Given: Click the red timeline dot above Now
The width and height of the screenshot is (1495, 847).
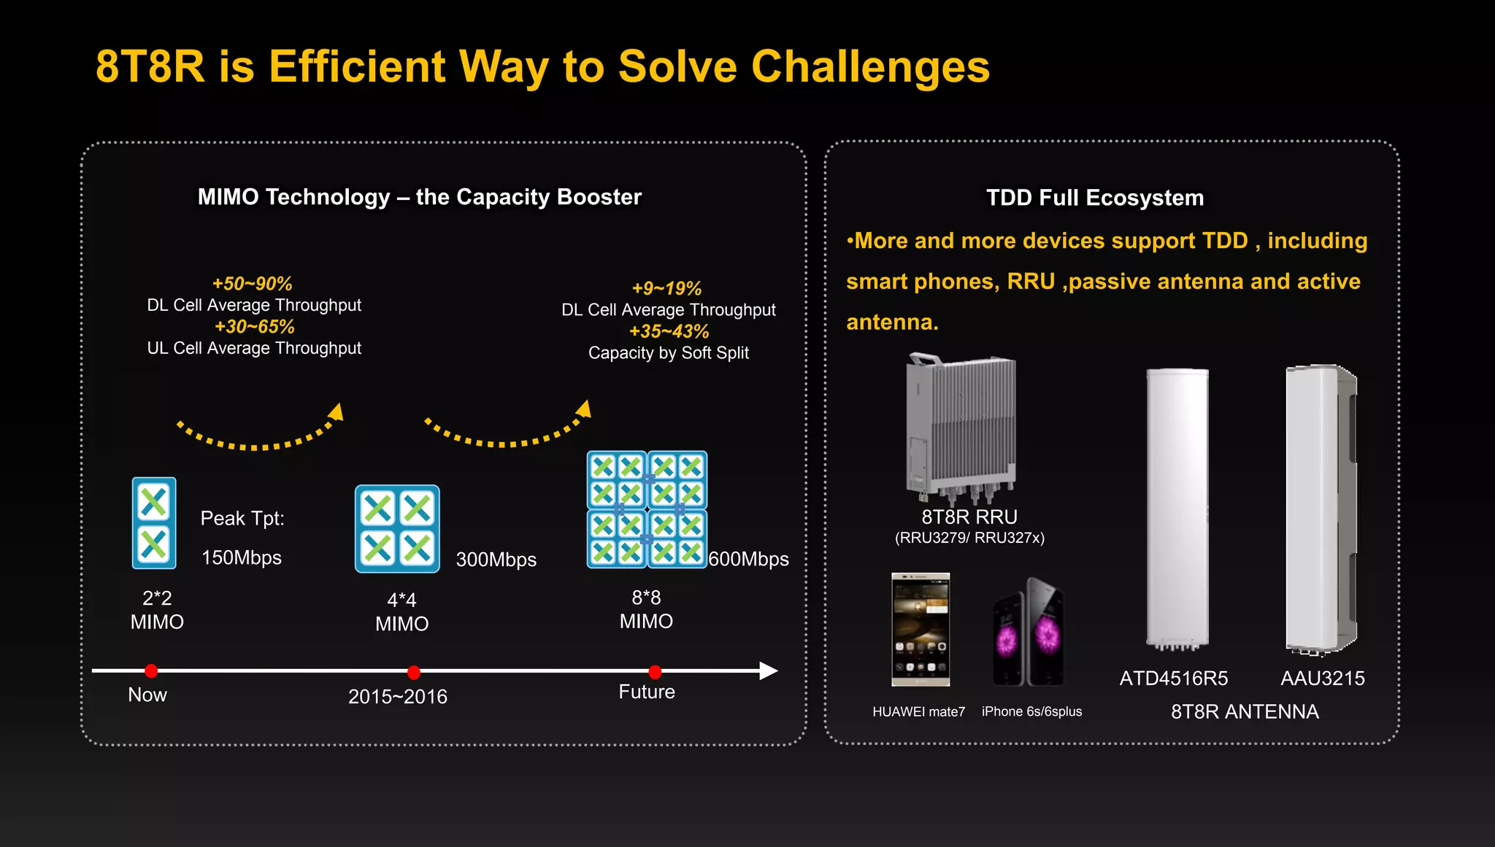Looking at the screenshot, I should pyautogui.click(x=151, y=670).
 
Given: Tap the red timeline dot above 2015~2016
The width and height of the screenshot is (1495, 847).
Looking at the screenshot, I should pyautogui.click(x=414, y=672).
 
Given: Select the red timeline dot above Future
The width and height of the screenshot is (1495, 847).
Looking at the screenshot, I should pyautogui.click(x=655, y=672).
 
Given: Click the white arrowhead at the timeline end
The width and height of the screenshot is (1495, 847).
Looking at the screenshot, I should pyautogui.click(x=768, y=670).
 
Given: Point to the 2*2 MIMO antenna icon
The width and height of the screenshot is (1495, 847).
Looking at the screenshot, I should pyautogui.click(x=154, y=523).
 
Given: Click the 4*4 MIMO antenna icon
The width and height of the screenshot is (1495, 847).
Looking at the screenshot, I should pyautogui.click(x=397, y=529).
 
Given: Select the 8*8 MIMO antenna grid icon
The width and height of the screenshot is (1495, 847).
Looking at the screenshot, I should pyautogui.click(x=647, y=509).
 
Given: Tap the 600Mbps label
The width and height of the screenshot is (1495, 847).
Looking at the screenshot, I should pyautogui.click(x=748, y=559).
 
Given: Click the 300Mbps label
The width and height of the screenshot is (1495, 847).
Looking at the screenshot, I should pyautogui.click(x=496, y=560).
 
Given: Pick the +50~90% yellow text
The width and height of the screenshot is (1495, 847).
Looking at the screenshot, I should pyautogui.click(x=252, y=284).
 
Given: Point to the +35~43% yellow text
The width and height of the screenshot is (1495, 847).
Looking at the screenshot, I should pyautogui.click(x=669, y=331).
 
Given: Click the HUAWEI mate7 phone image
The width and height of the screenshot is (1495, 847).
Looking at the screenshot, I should pyautogui.click(x=921, y=630).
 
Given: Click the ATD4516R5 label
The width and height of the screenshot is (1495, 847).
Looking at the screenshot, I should pyautogui.click(x=1173, y=678).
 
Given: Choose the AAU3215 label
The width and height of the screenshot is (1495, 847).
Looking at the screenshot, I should pyautogui.click(x=1322, y=678).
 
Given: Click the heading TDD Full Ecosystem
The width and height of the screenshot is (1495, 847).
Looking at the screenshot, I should pyautogui.click(x=1094, y=198).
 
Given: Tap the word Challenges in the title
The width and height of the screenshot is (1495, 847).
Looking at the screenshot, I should pyautogui.click(x=870, y=67).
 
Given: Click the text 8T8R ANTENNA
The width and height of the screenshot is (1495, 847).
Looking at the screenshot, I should pyautogui.click(x=1244, y=712).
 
